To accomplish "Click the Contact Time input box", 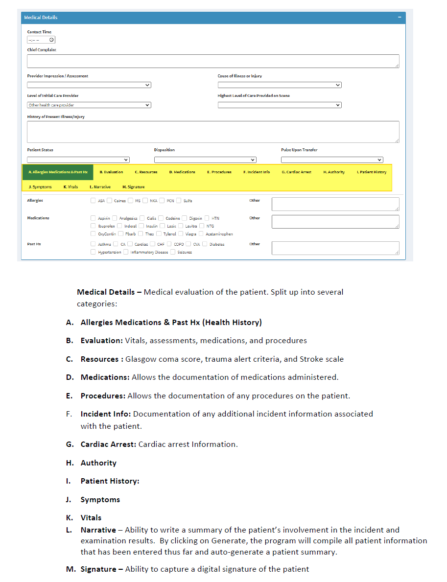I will tap(41, 40).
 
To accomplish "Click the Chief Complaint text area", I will tap(212, 61).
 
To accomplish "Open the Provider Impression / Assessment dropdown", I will tap(89, 85).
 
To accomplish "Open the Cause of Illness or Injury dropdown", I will tap(280, 85).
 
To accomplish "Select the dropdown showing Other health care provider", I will tap(89, 105).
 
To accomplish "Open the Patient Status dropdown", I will tap(78, 160).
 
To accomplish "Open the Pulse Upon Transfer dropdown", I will tap(332, 160).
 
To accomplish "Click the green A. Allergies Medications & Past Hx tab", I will tap(58, 172).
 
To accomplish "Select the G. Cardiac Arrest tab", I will tap(296, 172).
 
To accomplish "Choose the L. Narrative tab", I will tap(100, 187).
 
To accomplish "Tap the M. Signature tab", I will tap(133, 187).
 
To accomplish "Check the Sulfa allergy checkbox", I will tap(179, 200).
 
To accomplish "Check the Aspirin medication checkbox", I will tap(94, 218).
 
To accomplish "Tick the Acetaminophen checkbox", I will tap(201, 234).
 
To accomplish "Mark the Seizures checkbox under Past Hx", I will tap(173, 252).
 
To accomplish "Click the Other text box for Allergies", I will tap(335, 204).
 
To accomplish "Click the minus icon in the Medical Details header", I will tap(400, 17).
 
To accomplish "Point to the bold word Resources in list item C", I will tap(100, 359).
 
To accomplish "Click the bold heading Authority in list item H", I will tap(98, 463).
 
